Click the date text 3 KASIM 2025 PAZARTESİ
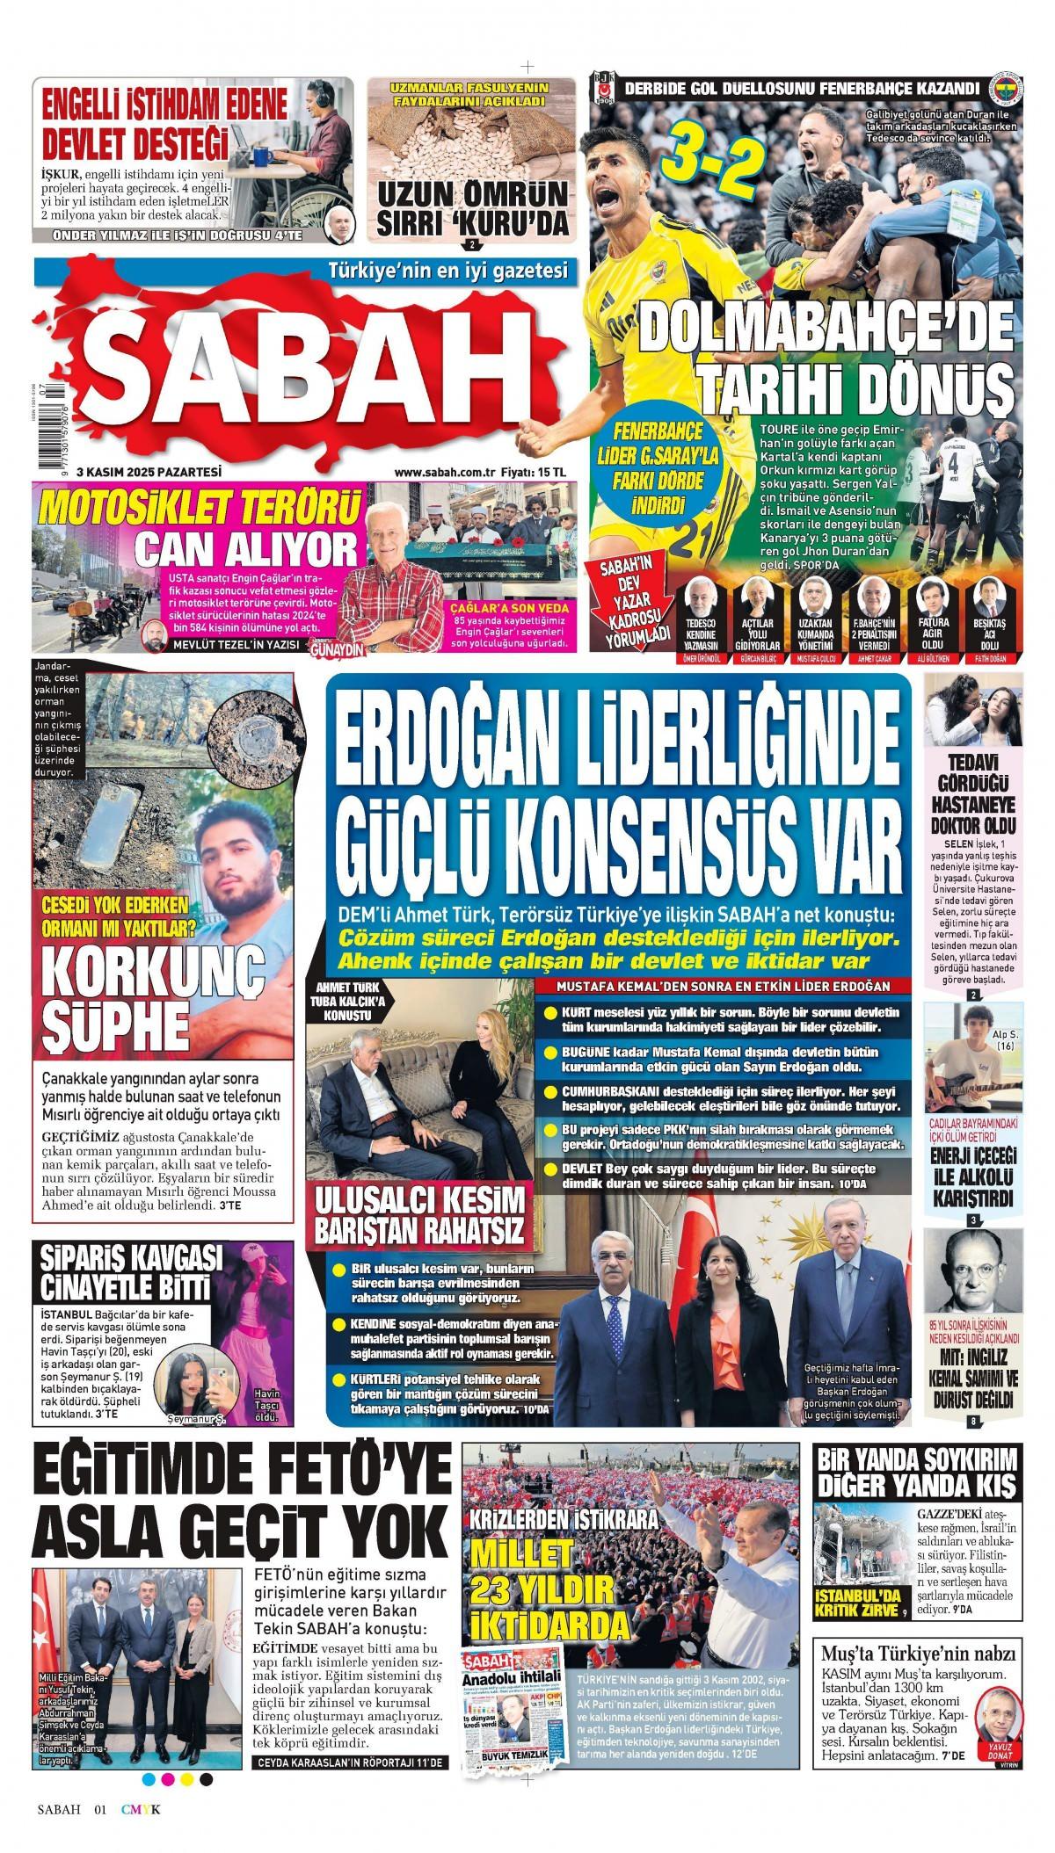(149, 471)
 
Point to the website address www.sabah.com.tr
(444, 472)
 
